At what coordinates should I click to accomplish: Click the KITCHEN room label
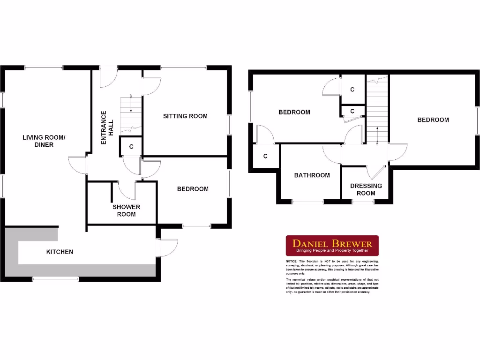point(60,252)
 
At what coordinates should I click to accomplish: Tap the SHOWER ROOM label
point(126,210)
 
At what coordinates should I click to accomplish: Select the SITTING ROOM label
point(185,116)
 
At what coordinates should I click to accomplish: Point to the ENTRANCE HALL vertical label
point(107,124)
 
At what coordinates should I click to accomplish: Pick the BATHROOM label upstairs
point(312,175)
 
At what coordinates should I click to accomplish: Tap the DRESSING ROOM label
point(366,189)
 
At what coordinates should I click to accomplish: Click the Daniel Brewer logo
point(332,245)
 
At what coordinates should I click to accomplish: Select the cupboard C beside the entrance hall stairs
point(131,147)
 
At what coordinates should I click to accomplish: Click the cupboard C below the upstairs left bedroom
point(265,156)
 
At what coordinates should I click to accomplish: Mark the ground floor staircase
point(131,114)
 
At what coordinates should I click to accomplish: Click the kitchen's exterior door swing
point(168,247)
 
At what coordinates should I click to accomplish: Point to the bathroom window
point(307,202)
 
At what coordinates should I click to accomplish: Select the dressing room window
point(363,202)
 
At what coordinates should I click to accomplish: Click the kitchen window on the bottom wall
point(55,279)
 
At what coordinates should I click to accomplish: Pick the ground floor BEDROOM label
point(193,189)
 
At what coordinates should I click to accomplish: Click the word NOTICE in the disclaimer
point(291,261)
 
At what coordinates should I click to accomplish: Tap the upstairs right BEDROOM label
point(433,120)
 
